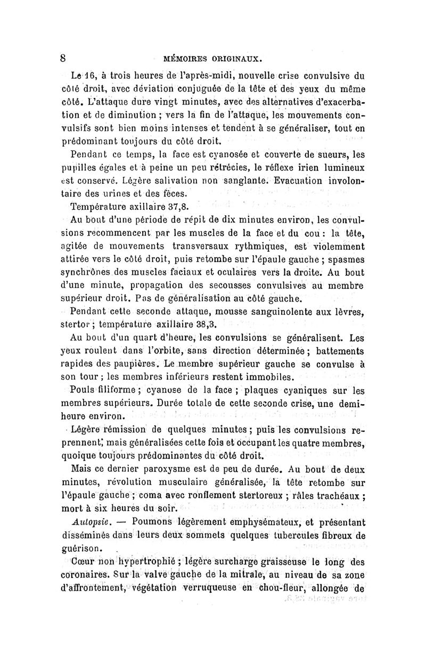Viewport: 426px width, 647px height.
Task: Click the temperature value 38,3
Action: coord(205,323)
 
